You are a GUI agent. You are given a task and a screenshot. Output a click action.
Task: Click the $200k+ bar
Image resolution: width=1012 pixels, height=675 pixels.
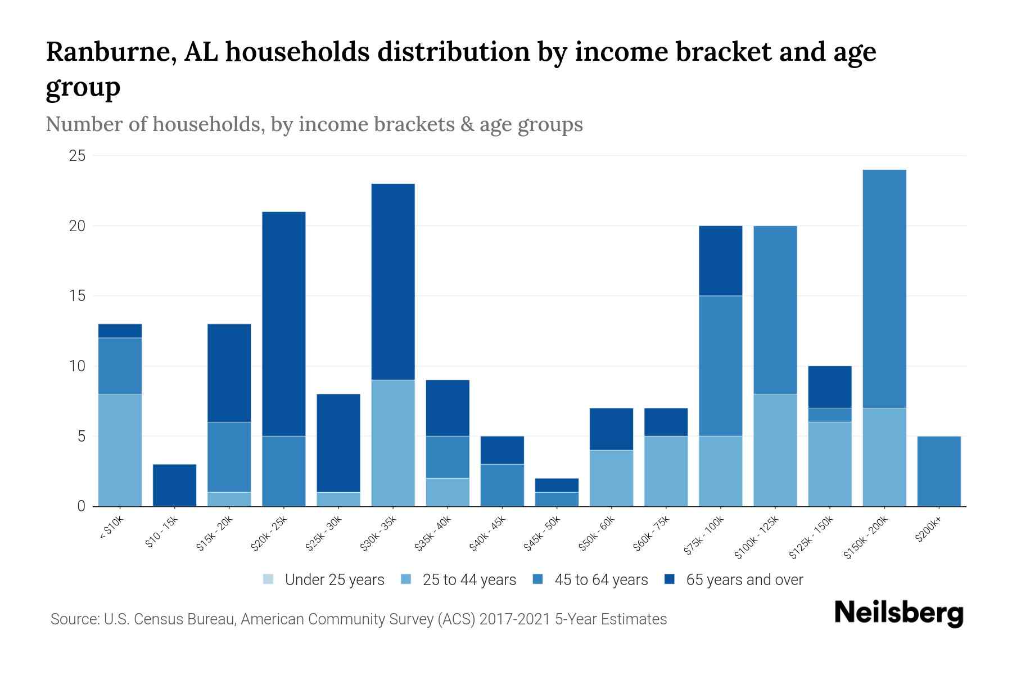coord(939,471)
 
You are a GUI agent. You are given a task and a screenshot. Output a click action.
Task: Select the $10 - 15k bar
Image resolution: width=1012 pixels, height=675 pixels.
coord(174,485)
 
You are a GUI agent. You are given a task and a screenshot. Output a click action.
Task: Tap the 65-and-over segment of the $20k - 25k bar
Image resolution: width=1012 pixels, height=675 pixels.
coord(284,323)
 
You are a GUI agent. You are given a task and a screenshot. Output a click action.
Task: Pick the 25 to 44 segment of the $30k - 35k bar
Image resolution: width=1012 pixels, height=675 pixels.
coord(393,443)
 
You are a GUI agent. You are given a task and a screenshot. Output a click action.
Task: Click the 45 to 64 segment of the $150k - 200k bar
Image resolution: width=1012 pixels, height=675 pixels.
coord(884,289)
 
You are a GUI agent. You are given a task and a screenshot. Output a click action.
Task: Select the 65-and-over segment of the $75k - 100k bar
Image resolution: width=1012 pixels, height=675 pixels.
coord(720,260)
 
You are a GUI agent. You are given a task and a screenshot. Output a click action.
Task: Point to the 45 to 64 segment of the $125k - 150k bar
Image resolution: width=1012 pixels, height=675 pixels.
coord(830,415)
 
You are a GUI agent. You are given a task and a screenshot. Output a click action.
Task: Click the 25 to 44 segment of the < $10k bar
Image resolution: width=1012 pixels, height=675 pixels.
coord(120,450)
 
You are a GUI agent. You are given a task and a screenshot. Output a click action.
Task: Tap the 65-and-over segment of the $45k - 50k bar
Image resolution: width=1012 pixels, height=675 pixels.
coord(557,485)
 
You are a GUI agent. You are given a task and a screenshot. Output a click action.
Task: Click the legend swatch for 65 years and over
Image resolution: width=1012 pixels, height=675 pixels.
coord(670,579)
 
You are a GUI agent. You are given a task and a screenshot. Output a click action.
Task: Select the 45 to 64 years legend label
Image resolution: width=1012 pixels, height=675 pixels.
coord(601,580)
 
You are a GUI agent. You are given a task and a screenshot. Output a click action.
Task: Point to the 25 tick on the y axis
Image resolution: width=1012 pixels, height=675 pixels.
coord(77,156)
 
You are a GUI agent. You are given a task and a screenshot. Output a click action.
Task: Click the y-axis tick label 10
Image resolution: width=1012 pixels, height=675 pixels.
coord(77,366)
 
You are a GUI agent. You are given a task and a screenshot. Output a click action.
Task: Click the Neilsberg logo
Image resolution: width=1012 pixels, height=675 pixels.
coord(898,613)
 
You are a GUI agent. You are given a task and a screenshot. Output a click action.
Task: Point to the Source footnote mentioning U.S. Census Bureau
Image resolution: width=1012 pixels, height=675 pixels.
coord(359,619)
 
